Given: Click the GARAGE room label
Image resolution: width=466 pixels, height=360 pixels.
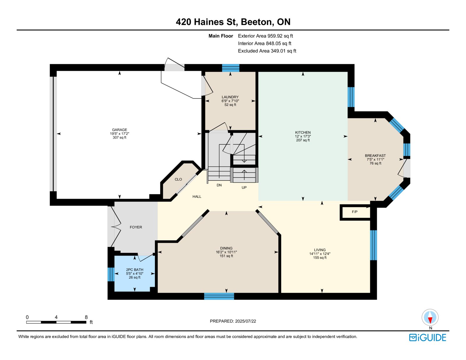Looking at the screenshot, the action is tap(119, 130).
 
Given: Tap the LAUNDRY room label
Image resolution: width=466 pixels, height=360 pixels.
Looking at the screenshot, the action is tap(230, 97).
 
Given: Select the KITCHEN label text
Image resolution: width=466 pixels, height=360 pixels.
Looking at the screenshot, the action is tap(303, 133).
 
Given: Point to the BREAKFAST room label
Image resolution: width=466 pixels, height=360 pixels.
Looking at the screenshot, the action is tap(375, 156).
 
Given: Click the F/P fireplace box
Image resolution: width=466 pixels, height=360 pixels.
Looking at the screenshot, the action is tap(355, 212).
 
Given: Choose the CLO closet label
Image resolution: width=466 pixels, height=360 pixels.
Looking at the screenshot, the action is tap(178, 179).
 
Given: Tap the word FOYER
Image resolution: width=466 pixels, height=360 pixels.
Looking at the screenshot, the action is tap(136, 227).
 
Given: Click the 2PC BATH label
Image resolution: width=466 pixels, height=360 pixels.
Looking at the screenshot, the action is tap(135, 270).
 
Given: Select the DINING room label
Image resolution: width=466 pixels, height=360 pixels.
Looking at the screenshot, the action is tap(226, 248).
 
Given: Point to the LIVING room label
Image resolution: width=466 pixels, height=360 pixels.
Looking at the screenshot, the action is tap(320, 250).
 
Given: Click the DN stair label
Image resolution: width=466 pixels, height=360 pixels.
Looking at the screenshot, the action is tap(219, 185).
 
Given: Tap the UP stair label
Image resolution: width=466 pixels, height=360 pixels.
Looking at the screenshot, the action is tap(244, 188).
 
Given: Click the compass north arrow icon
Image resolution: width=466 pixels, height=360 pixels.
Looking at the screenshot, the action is tap(430, 317).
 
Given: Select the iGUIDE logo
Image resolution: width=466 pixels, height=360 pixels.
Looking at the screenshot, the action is tap(428, 338).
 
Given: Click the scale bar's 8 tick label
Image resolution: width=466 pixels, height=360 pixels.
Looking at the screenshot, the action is tap(86, 317).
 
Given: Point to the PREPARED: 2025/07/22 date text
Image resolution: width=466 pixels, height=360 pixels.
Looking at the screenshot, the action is tap(233, 321).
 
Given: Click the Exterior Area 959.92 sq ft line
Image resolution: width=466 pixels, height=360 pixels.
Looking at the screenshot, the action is tap(265, 36).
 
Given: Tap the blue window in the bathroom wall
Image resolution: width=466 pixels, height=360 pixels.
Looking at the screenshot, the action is tap(111, 274).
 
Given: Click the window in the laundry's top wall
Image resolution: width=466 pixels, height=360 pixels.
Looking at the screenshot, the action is tap(231, 68).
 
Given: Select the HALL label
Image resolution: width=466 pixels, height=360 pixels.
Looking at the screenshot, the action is tap(197, 197).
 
